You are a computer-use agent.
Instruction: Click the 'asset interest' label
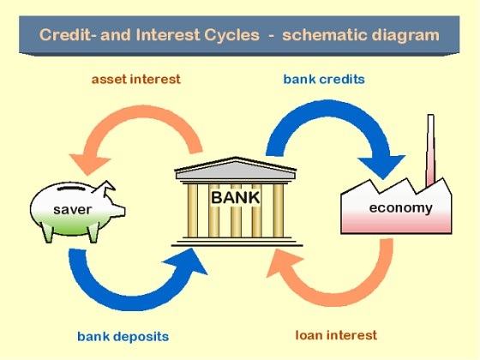pyautogui.click(x=136, y=79)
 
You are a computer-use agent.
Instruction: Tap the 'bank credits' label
pyautogui.click(x=324, y=79)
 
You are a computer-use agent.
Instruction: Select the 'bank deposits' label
pyautogui.click(x=123, y=337)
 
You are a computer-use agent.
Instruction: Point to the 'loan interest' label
pyautogui.click(x=336, y=335)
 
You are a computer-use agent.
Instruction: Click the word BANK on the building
pyautogui.click(x=236, y=197)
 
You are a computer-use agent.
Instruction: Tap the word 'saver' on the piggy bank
pyautogui.click(x=73, y=210)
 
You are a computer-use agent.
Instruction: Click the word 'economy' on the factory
pyautogui.click(x=401, y=208)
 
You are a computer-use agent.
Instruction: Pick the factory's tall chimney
pyautogui.click(x=430, y=150)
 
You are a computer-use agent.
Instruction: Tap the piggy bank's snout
pyautogui.click(x=119, y=210)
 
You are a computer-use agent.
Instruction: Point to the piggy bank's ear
pyautogui.click(x=105, y=188)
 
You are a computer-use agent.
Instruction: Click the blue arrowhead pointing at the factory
pyautogui.click(x=382, y=166)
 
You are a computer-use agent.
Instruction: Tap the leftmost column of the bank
pyautogui.click(x=193, y=210)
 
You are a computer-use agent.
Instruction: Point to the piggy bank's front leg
pyautogui.click(x=94, y=232)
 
